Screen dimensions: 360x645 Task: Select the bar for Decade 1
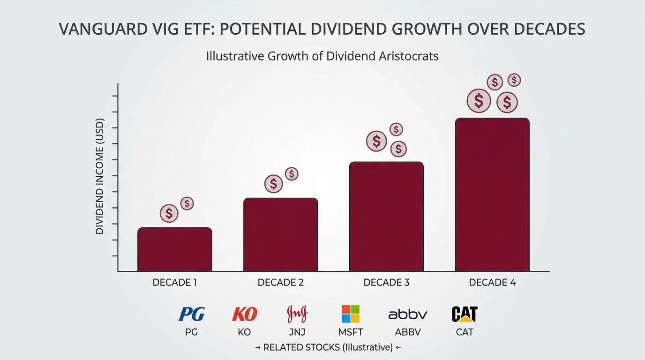pyautogui.click(x=174, y=249)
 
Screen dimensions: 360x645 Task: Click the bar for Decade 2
pyautogui.click(x=280, y=234)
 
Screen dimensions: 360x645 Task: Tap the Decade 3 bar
pyautogui.click(x=386, y=216)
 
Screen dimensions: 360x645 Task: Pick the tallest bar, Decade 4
pyautogui.click(x=492, y=195)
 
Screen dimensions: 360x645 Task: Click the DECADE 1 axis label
pyautogui.click(x=174, y=283)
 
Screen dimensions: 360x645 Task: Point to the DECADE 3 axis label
pyautogui.click(x=386, y=283)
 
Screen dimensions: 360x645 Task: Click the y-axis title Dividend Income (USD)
pyautogui.click(x=99, y=180)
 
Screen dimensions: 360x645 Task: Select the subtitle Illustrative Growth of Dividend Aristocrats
pyautogui.click(x=322, y=56)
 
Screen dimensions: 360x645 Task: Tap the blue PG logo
pyautogui.click(x=192, y=314)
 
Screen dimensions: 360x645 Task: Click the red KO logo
pyautogui.click(x=244, y=314)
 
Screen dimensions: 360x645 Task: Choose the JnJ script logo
pyautogui.click(x=297, y=314)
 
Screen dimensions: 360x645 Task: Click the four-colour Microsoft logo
pyautogui.click(x=350, y=314)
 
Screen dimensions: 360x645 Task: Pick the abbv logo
pyautogui.click(x=407, y=314)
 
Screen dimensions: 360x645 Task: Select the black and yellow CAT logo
pyautogui.click(x=464, y=314)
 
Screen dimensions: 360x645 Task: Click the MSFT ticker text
pyautogui.click(x=350, y=332)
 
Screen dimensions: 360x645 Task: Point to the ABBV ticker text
pyautogui.click(x=407, y=332)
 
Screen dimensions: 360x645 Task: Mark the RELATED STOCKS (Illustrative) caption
pyautogui.click(x=328, y=347)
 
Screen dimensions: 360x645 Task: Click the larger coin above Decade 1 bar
pyautogui.click(x=169, y=214)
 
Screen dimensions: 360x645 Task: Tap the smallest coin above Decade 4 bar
pyautogui.click(x=514, y=80)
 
